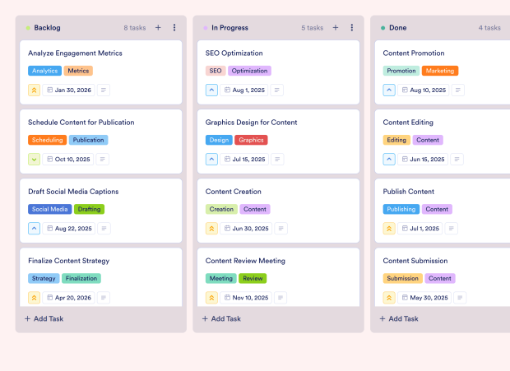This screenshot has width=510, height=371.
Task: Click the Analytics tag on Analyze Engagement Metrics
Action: click(44, 71)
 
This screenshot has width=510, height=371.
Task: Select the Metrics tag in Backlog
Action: click(78, 71)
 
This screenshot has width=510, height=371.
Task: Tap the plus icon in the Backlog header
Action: click(158, 28)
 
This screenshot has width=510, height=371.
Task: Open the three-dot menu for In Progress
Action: click(351, 28)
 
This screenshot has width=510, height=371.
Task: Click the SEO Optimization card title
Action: click(234, 53)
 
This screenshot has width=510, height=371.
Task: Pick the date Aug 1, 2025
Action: click(244, 90)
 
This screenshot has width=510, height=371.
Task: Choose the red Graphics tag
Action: click(251, 140)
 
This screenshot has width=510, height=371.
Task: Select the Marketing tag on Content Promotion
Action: click(440, 71)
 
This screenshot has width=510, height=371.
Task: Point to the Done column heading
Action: click(397, 28)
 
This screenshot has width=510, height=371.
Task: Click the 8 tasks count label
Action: click(134, 28)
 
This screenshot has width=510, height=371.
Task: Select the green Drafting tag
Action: click(89, 209)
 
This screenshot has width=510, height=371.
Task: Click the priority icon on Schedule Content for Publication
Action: click(35, 159)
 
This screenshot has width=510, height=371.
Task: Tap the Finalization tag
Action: click(81, 278)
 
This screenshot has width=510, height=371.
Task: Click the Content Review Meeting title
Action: click(245, 261)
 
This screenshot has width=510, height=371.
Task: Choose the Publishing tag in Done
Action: click(401, 209)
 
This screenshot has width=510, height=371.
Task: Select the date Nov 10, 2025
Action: click(246, 298)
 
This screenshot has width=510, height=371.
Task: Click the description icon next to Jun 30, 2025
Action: click(281, 229)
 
